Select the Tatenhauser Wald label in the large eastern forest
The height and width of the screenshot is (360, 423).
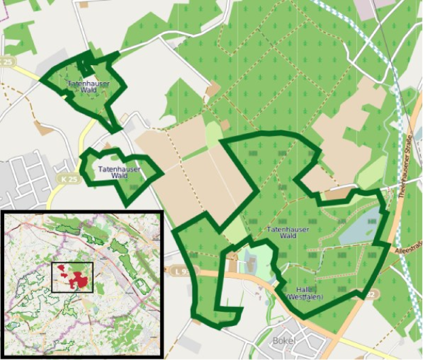pyautogui.click(x=288, y=232)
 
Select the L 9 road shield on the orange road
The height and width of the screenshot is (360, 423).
pyautogui.click(x=178, y=270)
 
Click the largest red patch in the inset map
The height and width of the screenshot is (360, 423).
pyautogui.click(x=81, y=279)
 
